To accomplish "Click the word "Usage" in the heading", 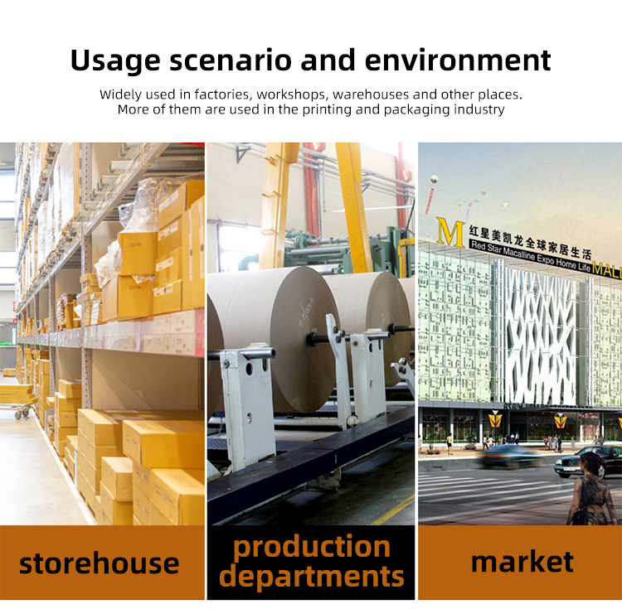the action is pyautogui.click(x=115, y=60).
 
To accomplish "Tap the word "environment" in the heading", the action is pyautogui.click(x=458, y=60).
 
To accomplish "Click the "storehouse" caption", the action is pyautogui.click(x=100, y=563).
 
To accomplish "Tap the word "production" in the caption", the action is pyautogui.click(x=311, y=548).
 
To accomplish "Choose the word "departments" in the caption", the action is pyautogui.click(x=311, y=576).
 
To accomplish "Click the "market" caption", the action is pyautogui.click(x=522, y=562).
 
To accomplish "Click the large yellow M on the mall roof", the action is pyautogui.click(x=450, y=232).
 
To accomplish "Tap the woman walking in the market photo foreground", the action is pyautogui.click(x=590, y=490).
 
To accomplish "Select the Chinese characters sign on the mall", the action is pyautogui.click(x=530, y=241).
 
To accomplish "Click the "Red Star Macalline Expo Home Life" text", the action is pyautogui.click(x=531, y=256).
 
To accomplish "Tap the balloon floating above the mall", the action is pyautogui.click(x=435, y=179).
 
